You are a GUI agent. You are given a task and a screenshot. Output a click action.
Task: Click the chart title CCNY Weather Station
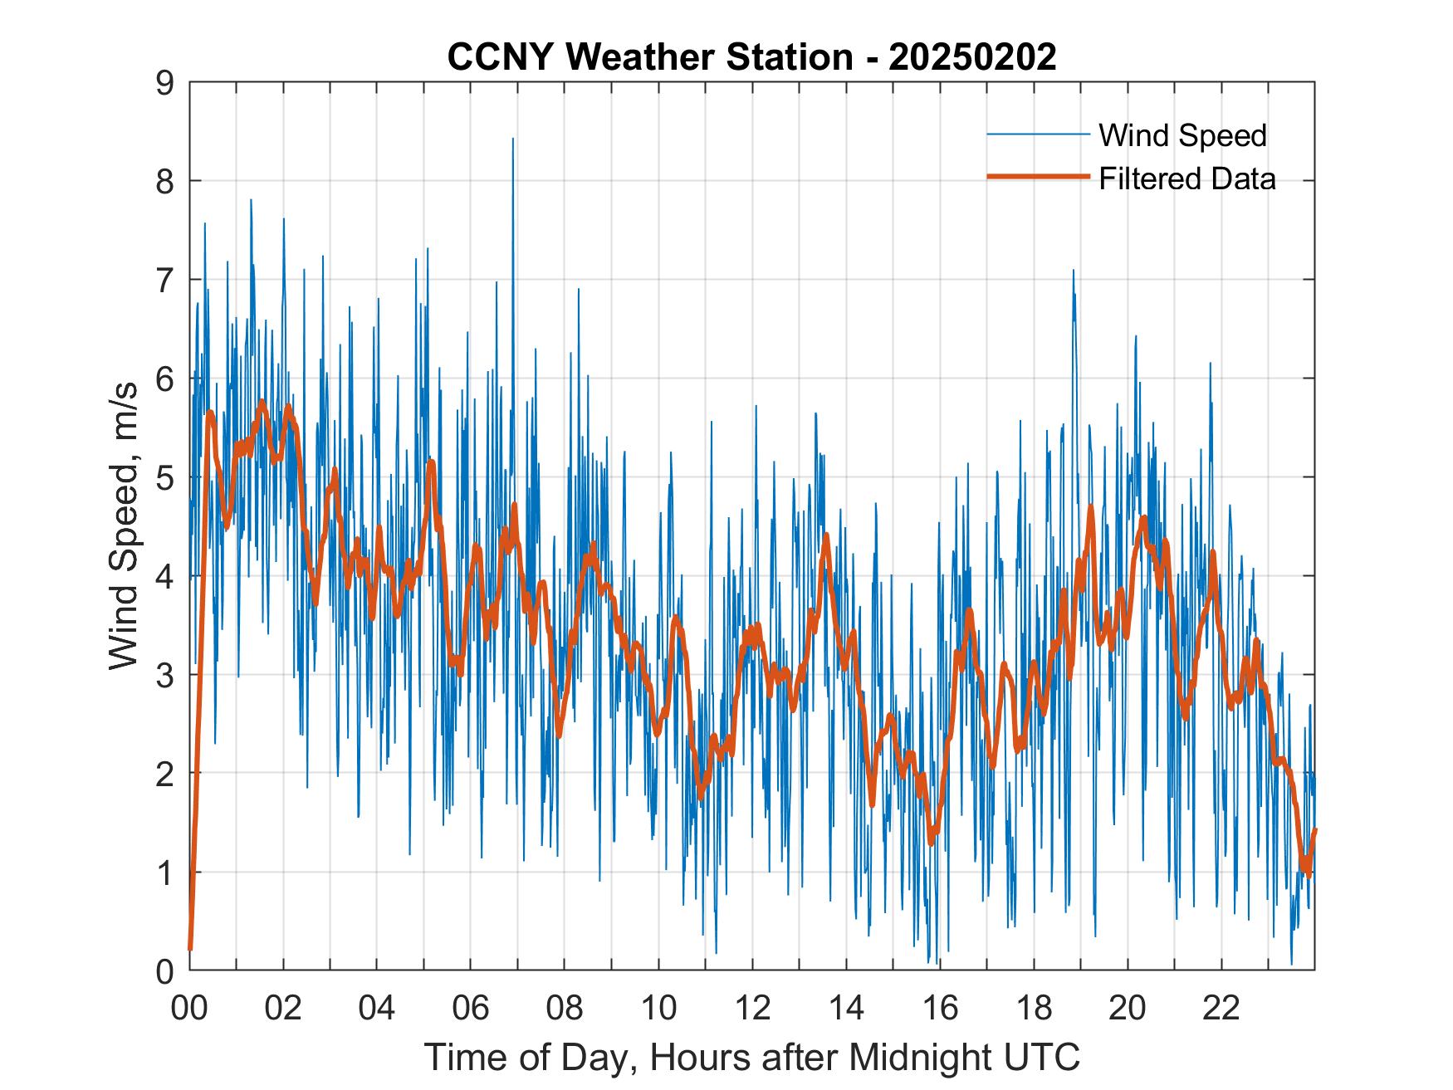click(x=649, y=57)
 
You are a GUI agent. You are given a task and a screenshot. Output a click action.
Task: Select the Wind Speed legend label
click(x=1182, y=135)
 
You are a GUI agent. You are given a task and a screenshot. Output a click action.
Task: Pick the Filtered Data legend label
click(x=1186, y=178)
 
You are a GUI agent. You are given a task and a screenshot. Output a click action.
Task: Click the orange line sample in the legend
click(x=1038, y=178)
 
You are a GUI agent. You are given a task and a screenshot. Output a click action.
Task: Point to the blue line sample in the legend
click(x=1038, y=134)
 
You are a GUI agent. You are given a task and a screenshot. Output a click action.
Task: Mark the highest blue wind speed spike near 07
click(x=512, y=140)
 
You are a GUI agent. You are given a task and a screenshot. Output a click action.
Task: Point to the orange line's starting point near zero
click(x=190, y=947)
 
